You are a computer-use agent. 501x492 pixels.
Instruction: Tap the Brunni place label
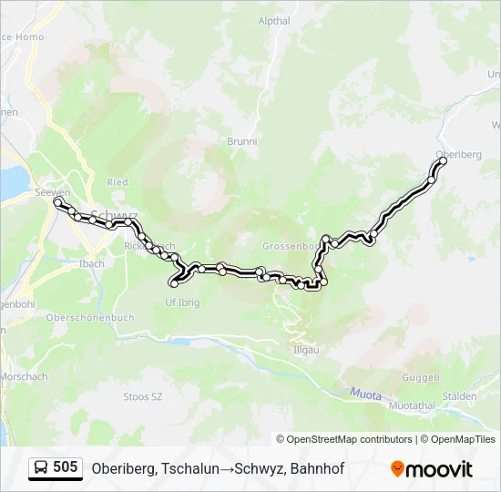tap(242, 141)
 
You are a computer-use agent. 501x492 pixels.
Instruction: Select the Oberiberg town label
tap(458, 155)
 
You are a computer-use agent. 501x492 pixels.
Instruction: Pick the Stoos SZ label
tap(142, 396)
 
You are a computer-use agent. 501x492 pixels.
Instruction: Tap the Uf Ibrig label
tap(181, 302)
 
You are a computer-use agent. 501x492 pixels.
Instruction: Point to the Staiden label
tap(460, 396)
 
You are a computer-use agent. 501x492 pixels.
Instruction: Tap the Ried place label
tap(118, 182)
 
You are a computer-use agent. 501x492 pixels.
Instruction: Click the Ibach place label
tap(92, 263)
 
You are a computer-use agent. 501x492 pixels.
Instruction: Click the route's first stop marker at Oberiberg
tap(444, 161)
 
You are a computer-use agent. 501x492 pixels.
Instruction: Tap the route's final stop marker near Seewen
tap(58, 203)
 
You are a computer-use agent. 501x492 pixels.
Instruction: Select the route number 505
tap(66, 467)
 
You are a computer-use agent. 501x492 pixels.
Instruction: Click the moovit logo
tap(432, 469)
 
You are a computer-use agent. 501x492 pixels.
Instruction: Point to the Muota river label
tap(364, 393)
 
